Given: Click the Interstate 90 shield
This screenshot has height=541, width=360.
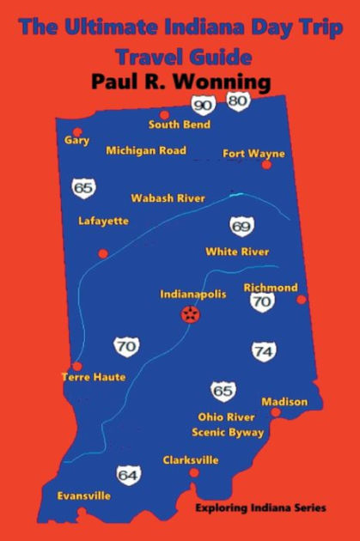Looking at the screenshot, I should (204, 106).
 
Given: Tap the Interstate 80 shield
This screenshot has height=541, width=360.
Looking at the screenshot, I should (238, 101).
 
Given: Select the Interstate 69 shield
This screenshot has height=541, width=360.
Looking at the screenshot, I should (241, 227).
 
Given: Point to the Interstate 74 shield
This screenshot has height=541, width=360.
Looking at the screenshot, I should (264, 351).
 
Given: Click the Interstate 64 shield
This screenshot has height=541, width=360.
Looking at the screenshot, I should (129, 474).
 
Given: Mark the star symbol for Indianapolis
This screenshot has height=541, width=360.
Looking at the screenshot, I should (190, 315).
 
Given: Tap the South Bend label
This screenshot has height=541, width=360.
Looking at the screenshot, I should (180, 125).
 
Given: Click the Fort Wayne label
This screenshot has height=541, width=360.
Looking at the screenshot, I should (253, 154).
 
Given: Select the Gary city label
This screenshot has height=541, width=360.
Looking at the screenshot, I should (77, 140).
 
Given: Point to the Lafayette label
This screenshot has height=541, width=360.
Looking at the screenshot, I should (103, 221).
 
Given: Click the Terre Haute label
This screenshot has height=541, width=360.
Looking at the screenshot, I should (94, 377).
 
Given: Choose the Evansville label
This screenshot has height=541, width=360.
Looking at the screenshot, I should (83, 495).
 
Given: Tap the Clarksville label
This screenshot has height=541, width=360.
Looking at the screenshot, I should (191, 459).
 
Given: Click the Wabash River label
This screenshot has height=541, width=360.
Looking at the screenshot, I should (168, 198).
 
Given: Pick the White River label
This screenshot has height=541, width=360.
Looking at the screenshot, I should (237, 252).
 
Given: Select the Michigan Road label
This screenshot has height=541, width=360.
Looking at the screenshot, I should (146, 150).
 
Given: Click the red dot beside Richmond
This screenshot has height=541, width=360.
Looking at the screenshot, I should (301, 300).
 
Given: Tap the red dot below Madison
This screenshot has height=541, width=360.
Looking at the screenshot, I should (275, 412).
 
